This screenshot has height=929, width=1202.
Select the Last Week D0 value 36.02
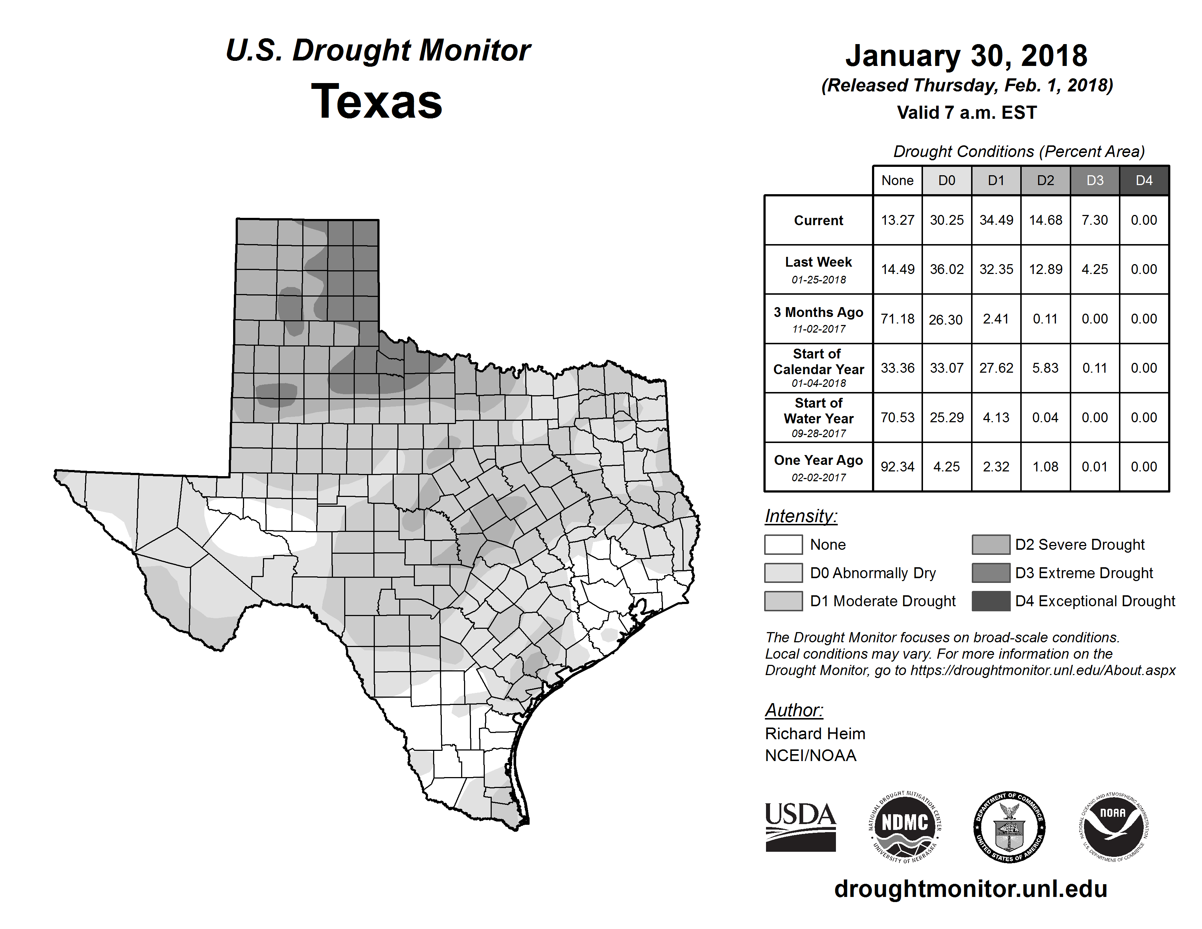[947, 269]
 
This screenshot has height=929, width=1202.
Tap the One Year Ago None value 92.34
[897, 467]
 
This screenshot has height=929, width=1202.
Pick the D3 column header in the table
[1095, 180]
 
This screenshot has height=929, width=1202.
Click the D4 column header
[1144, 180]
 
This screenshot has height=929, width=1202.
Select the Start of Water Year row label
[818, 417]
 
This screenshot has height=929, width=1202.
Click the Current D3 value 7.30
[1095, 220]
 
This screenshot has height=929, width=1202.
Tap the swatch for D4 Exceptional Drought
[991, 601]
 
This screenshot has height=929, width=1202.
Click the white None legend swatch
[783, 544]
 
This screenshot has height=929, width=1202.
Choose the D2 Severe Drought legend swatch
[991, 544]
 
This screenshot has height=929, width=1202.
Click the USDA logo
[800, 827]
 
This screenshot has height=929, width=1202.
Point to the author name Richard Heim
[814, 734]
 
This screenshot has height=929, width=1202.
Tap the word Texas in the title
[377, 102]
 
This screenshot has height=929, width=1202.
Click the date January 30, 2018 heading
[966, 56]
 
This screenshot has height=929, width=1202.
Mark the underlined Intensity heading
[801, 516]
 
